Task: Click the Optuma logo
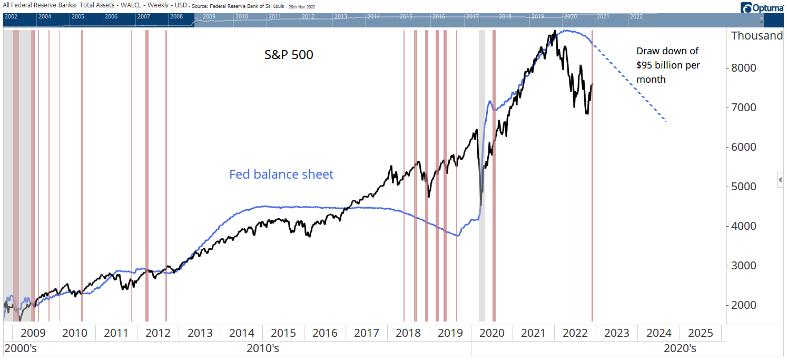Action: (762, 7)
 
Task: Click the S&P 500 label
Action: (289, 54)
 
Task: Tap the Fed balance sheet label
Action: (281, 174)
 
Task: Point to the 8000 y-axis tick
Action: (744, 68)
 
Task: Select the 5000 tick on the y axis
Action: (744, 187)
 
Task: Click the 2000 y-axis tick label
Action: (744, 305)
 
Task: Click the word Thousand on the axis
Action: (757, 36)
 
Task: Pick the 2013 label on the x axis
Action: (200, 333)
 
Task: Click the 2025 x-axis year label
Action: (701, 333)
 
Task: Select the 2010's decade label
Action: (262, 348)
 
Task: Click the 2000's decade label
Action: (21, 348)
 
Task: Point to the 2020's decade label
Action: (680, 348)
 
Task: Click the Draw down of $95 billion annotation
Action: (668, 65)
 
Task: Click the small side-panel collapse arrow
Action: (781, 180)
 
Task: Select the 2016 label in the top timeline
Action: (438, 16)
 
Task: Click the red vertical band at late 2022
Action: (592, 211)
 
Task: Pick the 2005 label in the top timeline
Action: (77, 16)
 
